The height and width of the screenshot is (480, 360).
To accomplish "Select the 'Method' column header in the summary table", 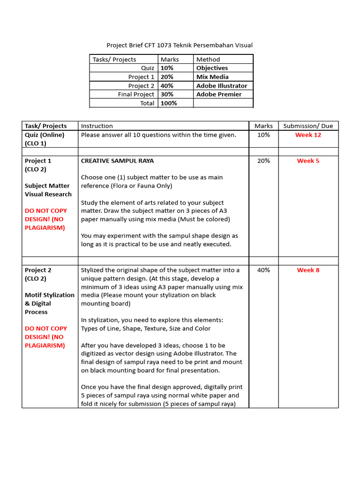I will [x=208, y=60].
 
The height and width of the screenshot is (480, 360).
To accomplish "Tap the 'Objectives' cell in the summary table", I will [x=212, y=68].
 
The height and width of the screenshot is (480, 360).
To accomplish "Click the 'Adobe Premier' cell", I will [x=219, y=94].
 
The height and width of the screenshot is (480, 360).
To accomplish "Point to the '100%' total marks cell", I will [x=169, y=103].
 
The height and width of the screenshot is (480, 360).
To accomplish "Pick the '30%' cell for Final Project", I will [x=167, y=94].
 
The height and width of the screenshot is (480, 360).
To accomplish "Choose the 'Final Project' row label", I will [x=136, y=94].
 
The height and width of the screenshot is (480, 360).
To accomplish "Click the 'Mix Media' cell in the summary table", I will [x=212, y=77].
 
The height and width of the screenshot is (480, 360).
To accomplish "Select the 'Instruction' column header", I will [x=97, y=126].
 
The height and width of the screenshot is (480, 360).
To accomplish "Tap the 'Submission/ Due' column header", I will [x=308, y=126].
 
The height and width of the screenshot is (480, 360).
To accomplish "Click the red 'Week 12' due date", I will [x=308, y=135].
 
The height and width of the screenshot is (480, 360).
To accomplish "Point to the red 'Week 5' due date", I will [x=308, y=161].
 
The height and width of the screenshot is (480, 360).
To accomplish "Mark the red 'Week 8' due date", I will [x=308, y=270].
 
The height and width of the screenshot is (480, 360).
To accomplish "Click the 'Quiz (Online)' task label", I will [x=45, y=135].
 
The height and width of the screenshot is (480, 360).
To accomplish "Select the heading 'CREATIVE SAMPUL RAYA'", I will [x=117, y=161].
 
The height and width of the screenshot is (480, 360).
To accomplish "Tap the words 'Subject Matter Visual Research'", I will [x=48, y=190].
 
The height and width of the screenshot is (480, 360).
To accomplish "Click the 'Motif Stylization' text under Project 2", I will [x=49, y=295].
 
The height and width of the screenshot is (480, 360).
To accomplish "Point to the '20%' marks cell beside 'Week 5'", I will [x=263, y=161].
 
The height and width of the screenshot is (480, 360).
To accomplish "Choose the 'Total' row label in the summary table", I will [x=147, y=103].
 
